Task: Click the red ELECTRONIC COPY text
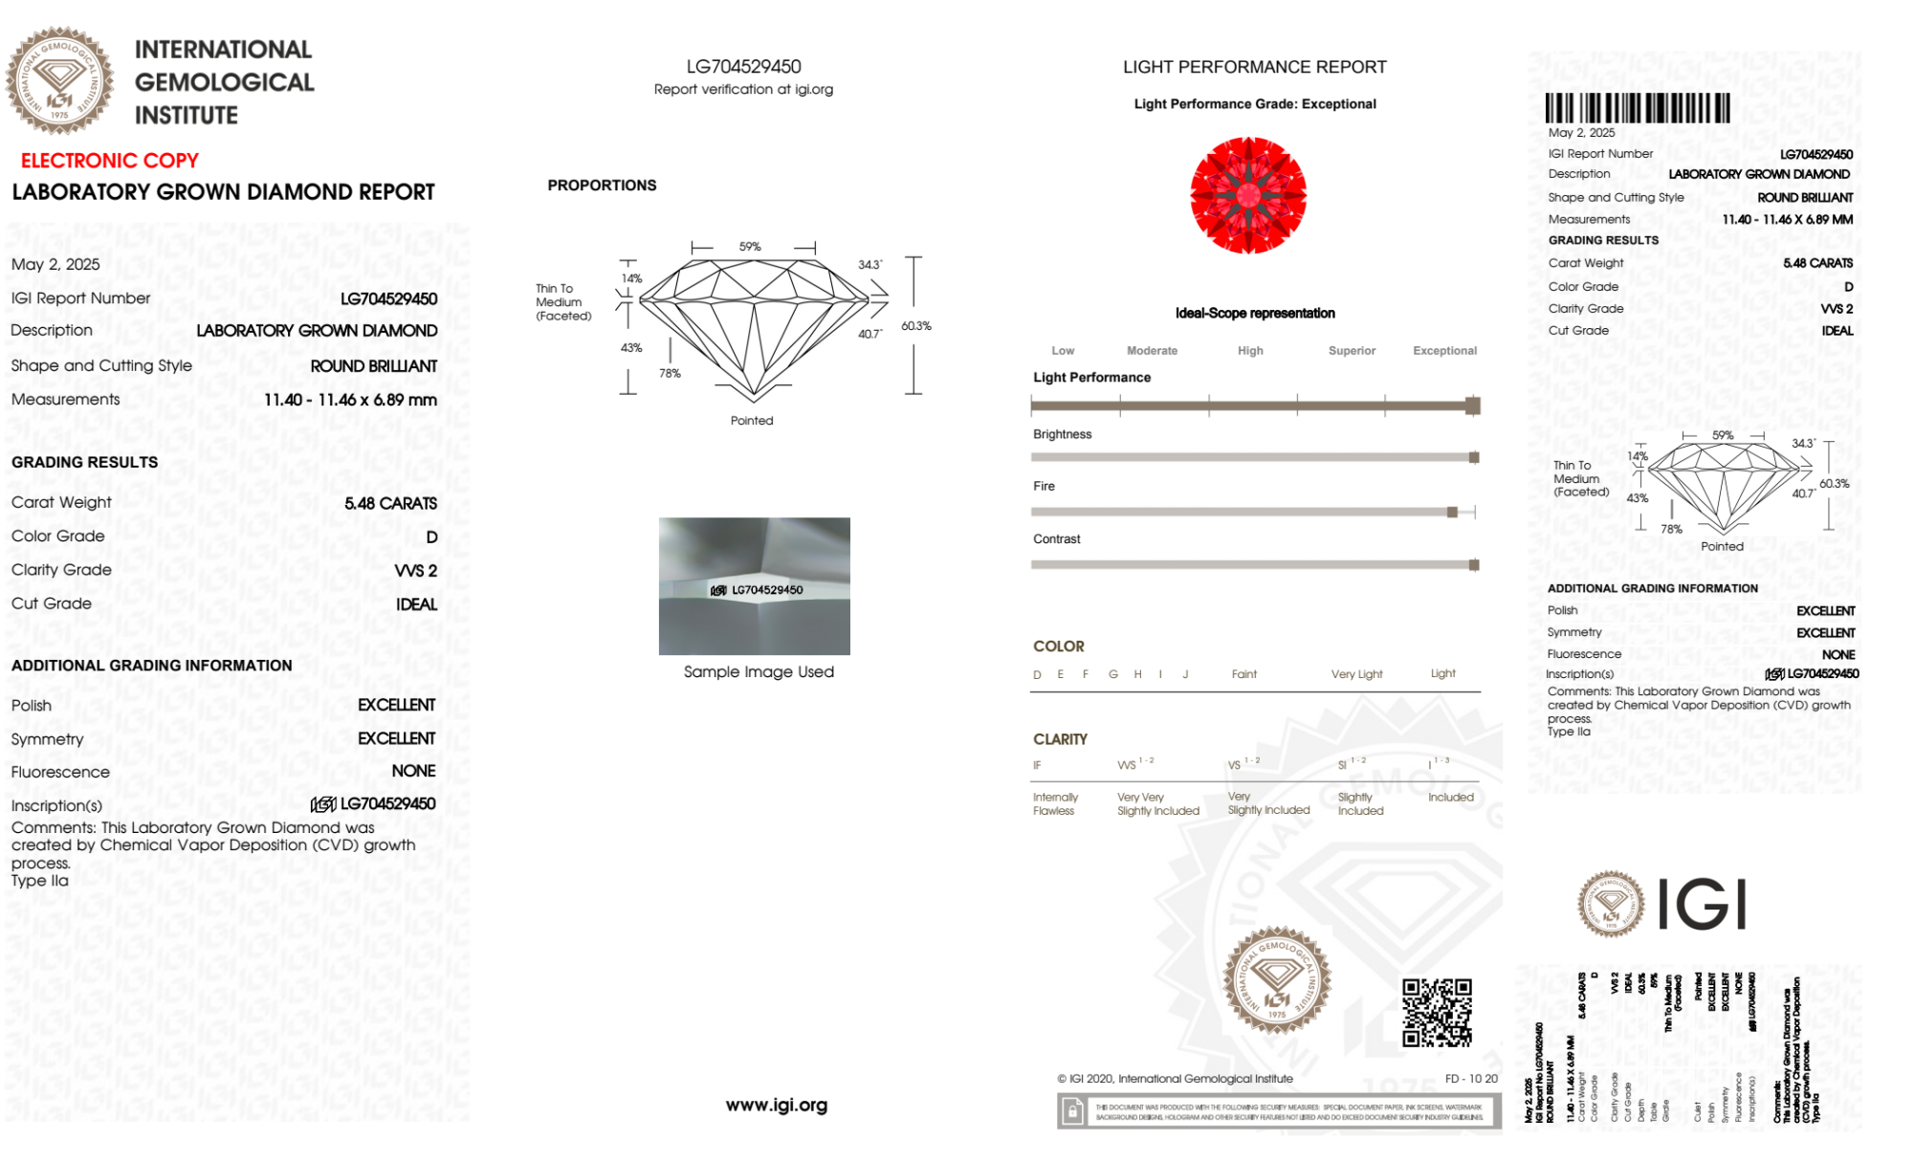click(x=109, y=161)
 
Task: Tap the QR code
click(x=1436, y=1012)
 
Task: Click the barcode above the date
click(x=1637, y=108)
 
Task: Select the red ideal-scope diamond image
click(x=1248, y=195)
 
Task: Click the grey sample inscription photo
click(x=754, y=585)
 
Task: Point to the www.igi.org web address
click(x=776, y=1106)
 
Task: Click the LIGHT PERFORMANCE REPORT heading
click(x=1254, y=67)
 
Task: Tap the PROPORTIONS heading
click(x=602, y=186)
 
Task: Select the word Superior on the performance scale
click(x=1352, y=351)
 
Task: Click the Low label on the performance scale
click(x=1063, y=351)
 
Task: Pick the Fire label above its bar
click(x=1044, y=487)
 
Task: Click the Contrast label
click(x=1056, y=539)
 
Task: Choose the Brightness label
click(x=1062, y=434)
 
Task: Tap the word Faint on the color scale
click(x=1243, y=674)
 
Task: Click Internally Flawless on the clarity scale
click(x=1054, y=804)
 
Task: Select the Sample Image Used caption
click(x=759, y=672)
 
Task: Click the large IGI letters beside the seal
click(x=1702, y=905)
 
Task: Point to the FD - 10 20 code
click(x=1470, y=1079)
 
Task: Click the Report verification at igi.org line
click(x=743, y=90)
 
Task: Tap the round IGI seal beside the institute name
click(x=59, y=81)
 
